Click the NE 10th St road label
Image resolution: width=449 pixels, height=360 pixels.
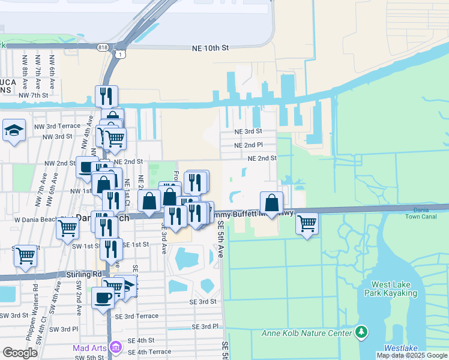210,47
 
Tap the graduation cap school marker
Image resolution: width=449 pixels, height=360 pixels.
13,130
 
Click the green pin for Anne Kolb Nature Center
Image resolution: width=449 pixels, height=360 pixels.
361,332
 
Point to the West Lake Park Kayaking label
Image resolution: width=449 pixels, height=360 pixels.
394,288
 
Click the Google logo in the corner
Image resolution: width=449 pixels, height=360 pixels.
20,353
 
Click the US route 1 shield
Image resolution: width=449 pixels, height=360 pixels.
121,55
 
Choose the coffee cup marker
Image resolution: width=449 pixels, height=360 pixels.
103,297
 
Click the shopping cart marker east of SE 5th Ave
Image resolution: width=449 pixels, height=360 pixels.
307,223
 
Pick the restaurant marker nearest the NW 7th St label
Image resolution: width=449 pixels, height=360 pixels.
106,95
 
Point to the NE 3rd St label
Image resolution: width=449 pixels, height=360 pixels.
248,131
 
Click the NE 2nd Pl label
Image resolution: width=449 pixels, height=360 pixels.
249,145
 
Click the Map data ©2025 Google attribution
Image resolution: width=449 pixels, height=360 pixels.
411,355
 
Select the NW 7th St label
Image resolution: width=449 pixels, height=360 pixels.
33,95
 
